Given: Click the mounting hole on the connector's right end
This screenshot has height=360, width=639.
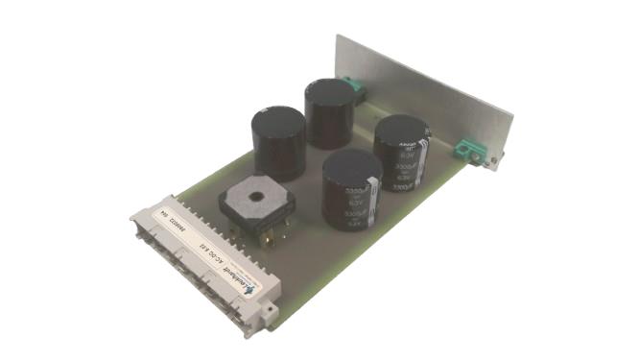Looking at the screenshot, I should click(x=271, y=308).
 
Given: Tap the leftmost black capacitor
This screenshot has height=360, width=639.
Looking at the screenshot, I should click(x=278, y=144).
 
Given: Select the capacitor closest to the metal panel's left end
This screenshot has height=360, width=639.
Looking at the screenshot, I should click(x=329, y=112).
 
